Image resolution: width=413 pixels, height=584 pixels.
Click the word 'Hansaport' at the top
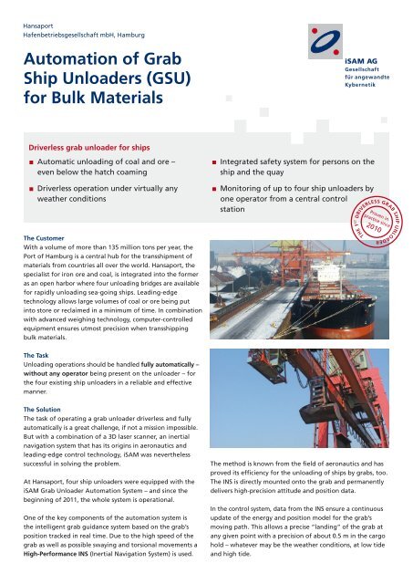(x=43, y=15)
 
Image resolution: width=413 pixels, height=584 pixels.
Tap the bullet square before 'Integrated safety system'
(x=212, y=162)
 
